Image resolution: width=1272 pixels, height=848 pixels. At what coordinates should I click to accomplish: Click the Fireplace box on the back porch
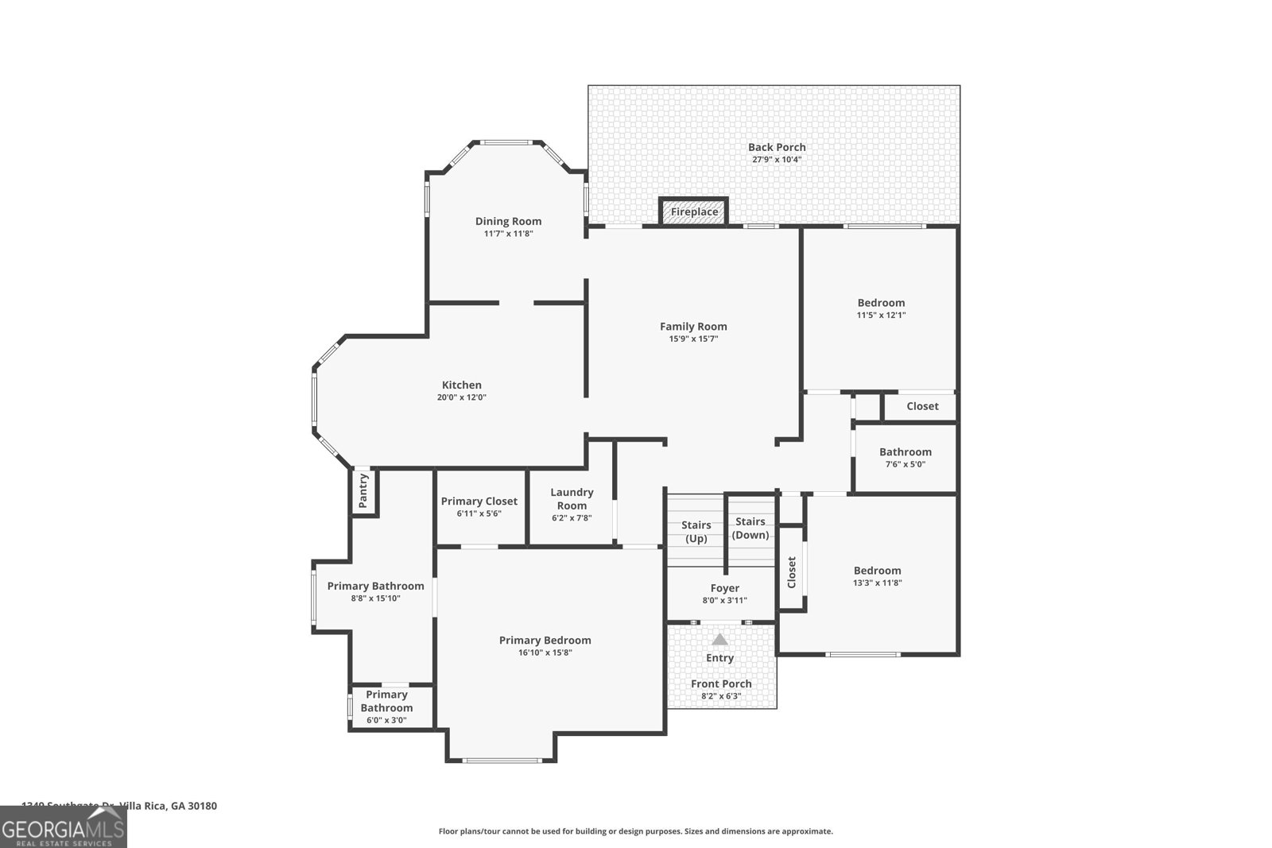point(694,211)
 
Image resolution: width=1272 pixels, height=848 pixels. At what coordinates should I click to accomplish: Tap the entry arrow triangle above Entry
point(719,639)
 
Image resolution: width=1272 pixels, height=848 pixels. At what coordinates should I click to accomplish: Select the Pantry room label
point(363,491)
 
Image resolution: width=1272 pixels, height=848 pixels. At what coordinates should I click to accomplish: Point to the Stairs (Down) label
point(750,528)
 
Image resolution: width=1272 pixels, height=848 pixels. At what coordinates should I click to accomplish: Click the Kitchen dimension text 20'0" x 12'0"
point(461,397)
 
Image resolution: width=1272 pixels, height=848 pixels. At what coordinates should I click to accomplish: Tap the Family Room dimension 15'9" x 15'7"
point(693,339)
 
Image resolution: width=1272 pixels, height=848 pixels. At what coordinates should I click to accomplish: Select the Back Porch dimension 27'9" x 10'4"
point(777,159)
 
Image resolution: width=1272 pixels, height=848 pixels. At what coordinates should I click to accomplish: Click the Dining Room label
point(508,221)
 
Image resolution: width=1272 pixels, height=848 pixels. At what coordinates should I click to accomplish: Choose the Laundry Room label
point(572,498)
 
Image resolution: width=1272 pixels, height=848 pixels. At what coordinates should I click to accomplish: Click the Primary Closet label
point(479,501)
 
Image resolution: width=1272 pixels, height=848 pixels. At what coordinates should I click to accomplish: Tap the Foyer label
point(724,588)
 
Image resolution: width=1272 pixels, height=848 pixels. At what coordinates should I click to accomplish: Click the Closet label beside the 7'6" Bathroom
point(922,405)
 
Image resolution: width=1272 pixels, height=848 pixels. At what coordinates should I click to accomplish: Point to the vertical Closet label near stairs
point(791,572)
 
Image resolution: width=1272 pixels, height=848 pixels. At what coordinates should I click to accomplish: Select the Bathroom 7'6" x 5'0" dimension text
point(905,464)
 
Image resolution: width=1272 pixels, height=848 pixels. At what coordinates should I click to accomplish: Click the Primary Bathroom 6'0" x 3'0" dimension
point(386,720)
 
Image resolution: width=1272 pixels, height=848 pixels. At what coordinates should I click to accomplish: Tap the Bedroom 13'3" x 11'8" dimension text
point(877,583)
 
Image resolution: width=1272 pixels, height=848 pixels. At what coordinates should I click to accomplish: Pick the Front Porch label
point(721,683)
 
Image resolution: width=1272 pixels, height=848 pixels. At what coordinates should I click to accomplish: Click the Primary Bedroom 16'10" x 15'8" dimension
point(545,652)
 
